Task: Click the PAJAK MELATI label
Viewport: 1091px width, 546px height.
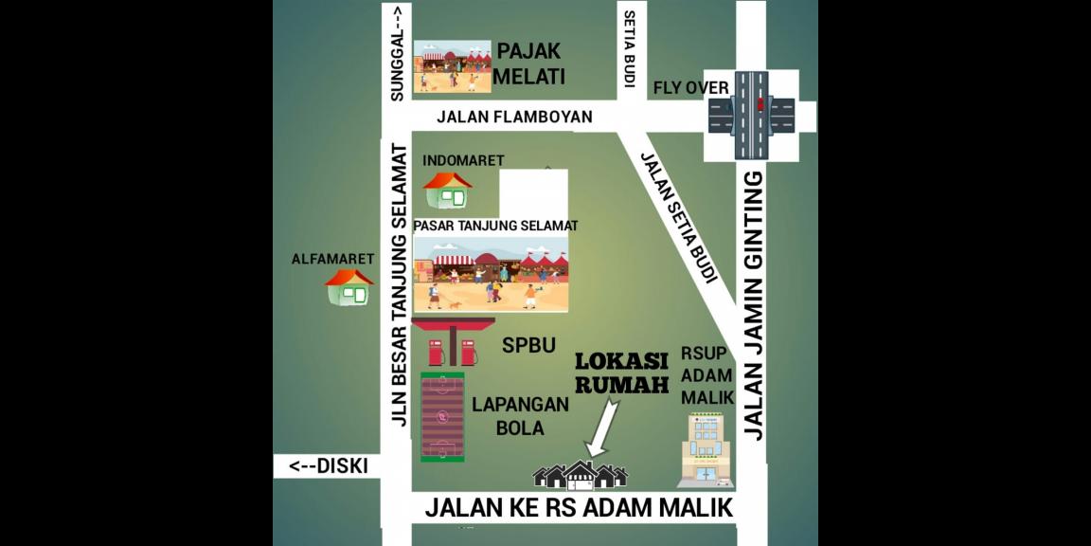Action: pos(530,64)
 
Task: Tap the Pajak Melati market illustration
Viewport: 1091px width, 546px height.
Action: pos(453,66)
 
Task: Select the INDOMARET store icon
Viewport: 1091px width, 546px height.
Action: pos(447,189)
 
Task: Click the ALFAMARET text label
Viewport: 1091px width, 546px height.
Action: pos(332,258)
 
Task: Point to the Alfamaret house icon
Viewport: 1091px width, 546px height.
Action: pos(348,287)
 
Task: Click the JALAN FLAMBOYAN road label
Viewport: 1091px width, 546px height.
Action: pos(514,118)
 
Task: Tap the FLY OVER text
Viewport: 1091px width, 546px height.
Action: pos(691,88)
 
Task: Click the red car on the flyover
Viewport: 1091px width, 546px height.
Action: pos(760,103)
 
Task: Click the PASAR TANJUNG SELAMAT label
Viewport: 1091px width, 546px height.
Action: pos(495,226)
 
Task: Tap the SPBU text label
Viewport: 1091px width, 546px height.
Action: pos(528,345)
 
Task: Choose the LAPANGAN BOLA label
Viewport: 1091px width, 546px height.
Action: pos(520,416)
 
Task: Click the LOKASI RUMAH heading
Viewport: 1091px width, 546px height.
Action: pos(622,373)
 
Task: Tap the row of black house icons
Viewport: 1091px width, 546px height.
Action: pos(580,474)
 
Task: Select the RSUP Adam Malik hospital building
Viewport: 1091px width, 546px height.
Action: pos(706,449)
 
